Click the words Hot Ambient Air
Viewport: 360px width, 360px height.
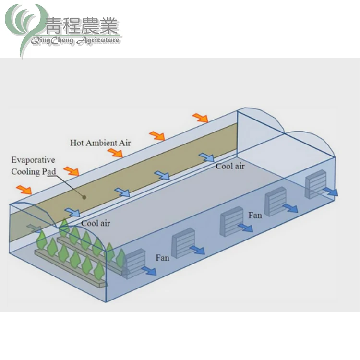[x=100, y=143]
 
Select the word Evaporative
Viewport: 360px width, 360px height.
[x=33, y=160]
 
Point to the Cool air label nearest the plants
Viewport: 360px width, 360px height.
[x=96, y=223]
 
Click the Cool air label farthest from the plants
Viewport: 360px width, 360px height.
[x=230, y=166]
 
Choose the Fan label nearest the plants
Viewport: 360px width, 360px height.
[x=163, y=258]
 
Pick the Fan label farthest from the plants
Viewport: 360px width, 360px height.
[x=255, y=215]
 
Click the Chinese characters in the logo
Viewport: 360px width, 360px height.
[x=82, y=25]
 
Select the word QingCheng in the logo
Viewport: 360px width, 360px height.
[x=51, y=41]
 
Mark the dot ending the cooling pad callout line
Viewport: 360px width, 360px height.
[x=84, y=196]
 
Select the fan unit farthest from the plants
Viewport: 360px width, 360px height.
[x=315, y=183]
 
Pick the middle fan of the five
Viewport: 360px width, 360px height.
[x=230, y=221]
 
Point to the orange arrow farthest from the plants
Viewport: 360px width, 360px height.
[x=200, y=118]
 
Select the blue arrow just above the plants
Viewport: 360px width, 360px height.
[x=72, y=213]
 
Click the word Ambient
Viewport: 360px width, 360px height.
[x=101, y=143]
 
